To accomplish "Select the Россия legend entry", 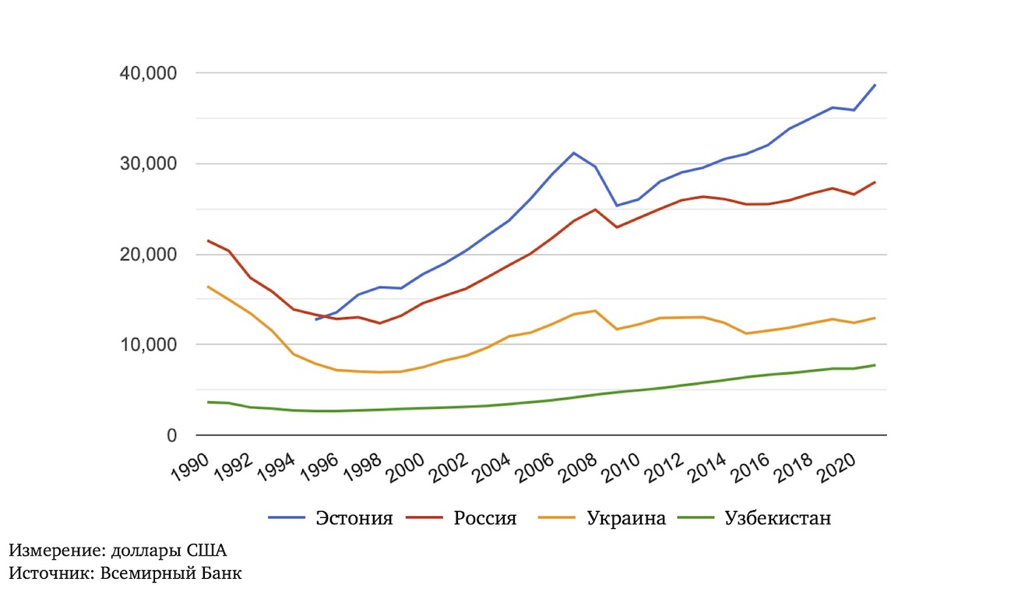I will [484, 518].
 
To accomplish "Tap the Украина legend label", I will [626, 518].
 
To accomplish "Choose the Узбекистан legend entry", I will [777, 518].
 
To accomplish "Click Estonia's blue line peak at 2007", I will [574, 153].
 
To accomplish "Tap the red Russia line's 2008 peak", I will [595, 210].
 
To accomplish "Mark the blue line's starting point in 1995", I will [315, 319].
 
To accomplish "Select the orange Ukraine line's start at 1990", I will [207, 287].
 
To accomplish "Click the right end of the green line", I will [875, 365].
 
